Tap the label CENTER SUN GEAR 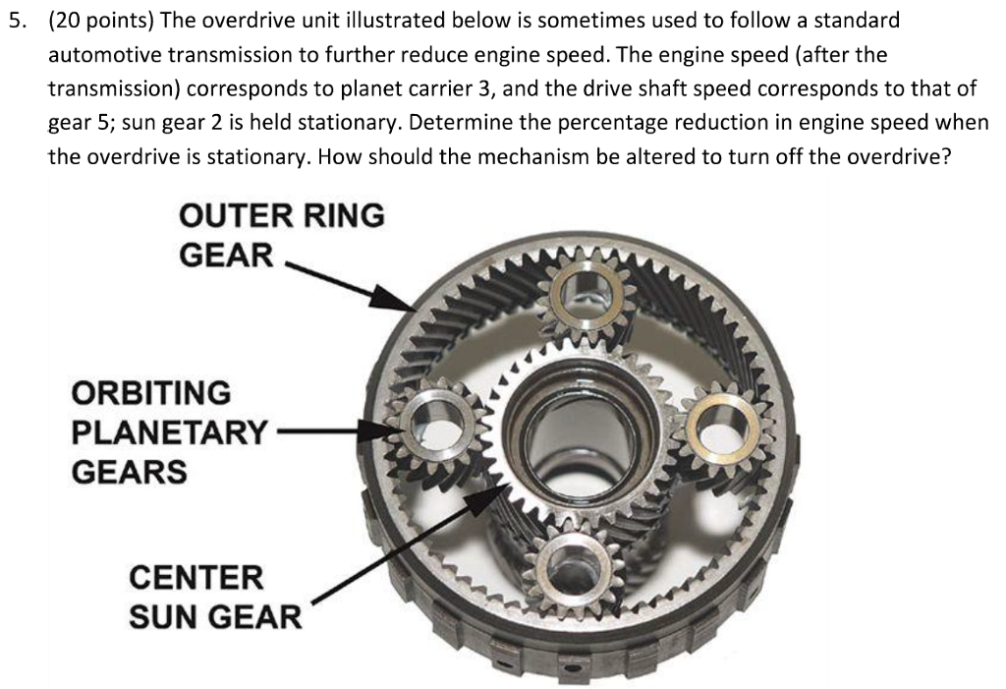tap(215, 597)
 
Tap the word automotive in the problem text tap(105, 55)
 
